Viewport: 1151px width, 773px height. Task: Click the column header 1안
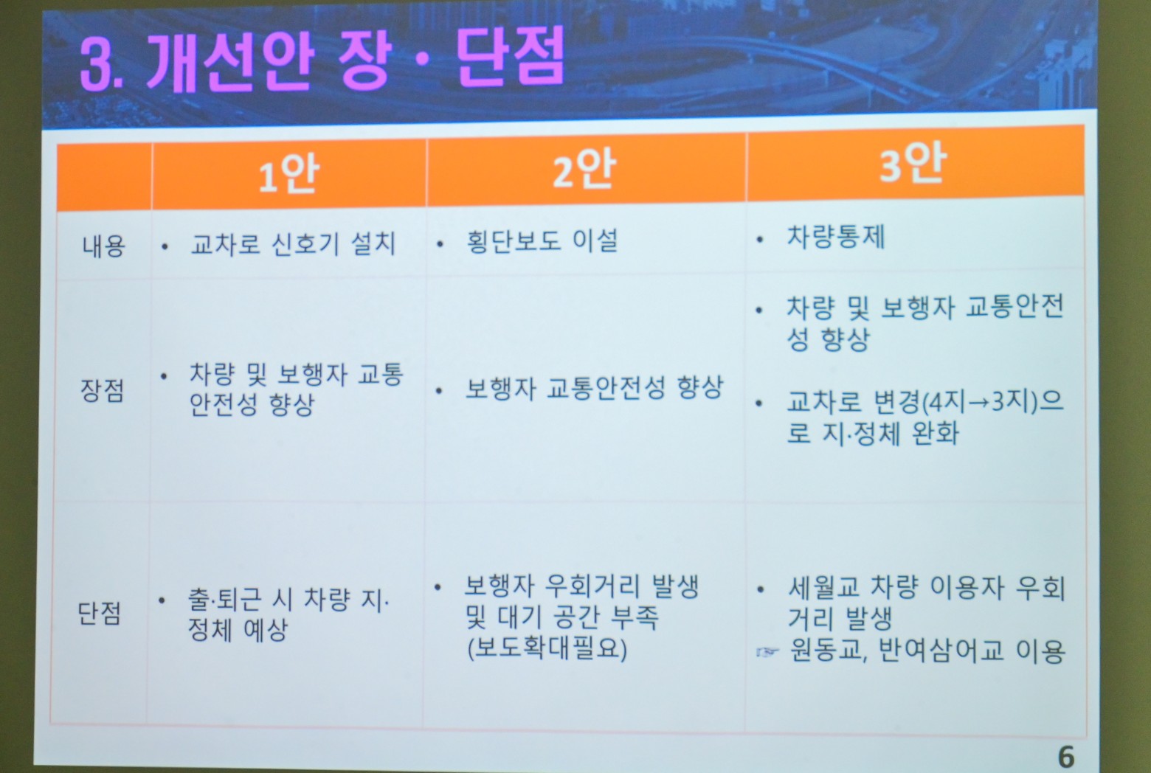(288, 174)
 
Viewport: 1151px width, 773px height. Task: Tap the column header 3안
(912, 162)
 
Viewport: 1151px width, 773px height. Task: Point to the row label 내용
(103, 246)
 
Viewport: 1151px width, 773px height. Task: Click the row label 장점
(102, 390)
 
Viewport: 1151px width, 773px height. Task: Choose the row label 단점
(99, 613)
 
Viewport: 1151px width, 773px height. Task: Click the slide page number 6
(1066, 757)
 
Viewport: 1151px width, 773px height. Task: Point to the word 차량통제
(836, 237)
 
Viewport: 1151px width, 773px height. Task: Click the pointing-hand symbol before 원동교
(767, 652)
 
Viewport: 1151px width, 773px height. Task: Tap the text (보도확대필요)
(547, 648)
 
